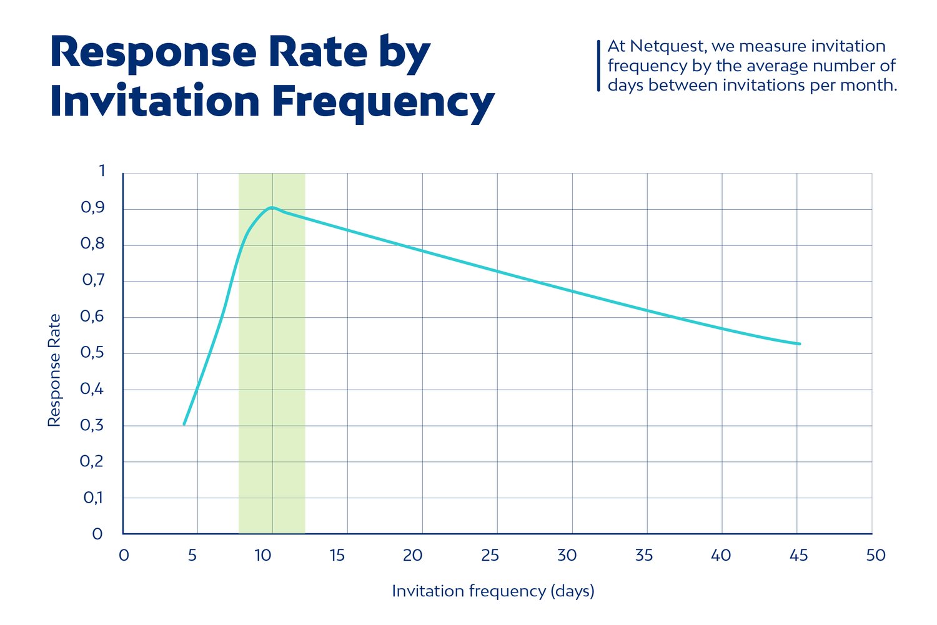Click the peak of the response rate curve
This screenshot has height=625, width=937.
272,207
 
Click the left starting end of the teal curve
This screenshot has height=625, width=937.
184,424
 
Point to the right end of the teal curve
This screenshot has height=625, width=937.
799,344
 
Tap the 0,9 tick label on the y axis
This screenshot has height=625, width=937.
92,208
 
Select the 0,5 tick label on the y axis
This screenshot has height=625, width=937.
92,353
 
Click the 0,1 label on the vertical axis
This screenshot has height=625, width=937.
93,498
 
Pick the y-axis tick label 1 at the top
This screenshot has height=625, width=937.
102,171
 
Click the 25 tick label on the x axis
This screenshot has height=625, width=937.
490,555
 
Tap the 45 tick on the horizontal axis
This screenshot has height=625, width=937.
799,555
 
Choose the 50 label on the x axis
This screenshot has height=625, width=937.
876,555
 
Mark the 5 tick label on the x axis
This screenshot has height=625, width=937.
192,555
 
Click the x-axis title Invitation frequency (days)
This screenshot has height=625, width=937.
493,591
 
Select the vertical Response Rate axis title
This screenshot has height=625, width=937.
54,370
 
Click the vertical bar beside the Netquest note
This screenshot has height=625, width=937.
598,66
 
